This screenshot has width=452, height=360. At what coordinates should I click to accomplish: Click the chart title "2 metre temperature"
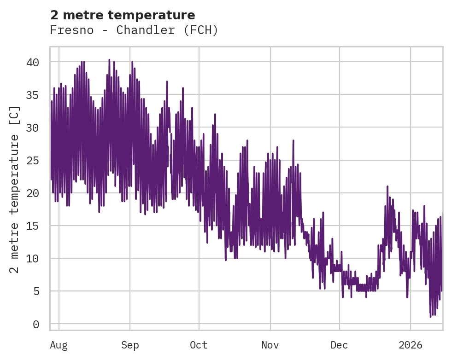123,15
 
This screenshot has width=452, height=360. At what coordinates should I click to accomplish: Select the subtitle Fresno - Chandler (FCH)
134,30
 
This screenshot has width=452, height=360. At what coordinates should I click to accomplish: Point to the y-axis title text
15,189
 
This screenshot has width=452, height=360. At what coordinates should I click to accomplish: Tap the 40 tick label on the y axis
33,62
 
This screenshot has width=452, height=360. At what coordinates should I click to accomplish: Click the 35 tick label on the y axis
33,95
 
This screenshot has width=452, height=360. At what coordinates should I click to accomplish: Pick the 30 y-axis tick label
33,128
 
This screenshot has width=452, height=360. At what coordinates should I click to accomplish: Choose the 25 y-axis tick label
33,160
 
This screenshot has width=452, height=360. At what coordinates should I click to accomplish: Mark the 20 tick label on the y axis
33,193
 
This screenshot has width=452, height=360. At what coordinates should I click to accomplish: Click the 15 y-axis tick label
33,226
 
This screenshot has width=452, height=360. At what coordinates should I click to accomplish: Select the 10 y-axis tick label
33,258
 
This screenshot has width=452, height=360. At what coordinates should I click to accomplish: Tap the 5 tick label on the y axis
36,291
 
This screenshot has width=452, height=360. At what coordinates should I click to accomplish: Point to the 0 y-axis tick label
36,324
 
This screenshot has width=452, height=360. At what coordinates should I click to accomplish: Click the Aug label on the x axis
59,345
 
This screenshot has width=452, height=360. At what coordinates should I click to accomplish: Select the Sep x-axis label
130,345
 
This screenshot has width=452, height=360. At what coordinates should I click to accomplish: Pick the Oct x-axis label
199,345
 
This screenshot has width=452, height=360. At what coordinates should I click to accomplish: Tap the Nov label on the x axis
270,345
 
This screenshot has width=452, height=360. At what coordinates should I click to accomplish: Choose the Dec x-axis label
340,345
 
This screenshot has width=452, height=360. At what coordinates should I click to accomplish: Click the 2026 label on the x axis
411,345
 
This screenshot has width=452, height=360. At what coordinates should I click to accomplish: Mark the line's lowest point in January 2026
430,317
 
